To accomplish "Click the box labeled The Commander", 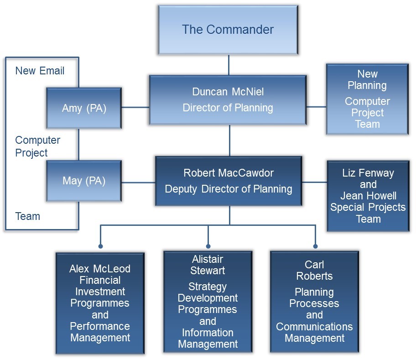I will [x=228, y=30].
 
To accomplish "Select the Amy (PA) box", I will [x=84, y=108].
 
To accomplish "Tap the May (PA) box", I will [x=84, y=181].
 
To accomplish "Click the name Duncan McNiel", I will [x=228, y=92].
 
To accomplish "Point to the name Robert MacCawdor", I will [x=228, y=173].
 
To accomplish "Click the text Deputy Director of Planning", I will [x=228, y=189].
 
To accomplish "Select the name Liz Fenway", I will [x=368, y=173].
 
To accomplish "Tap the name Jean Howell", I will [x=368, y=196].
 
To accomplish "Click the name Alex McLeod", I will [x=100, y=269].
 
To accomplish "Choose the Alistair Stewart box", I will [x=208, y=301].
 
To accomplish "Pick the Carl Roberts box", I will [x=314, y=301].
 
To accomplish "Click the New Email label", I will [x=40, y=71].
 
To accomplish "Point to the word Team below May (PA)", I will [x=28, y=216].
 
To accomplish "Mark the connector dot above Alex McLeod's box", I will [x=100, y=246].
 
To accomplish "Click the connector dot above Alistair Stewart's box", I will [x=208, y=246].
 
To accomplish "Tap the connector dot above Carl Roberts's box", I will [x=315, y=246].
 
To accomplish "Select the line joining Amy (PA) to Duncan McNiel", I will [x=135, y=108].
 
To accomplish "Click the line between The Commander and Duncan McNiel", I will [x=229, y=65].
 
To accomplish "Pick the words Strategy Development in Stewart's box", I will [x=208, y=292].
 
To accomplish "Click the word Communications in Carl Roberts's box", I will [x=314, y=327].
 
